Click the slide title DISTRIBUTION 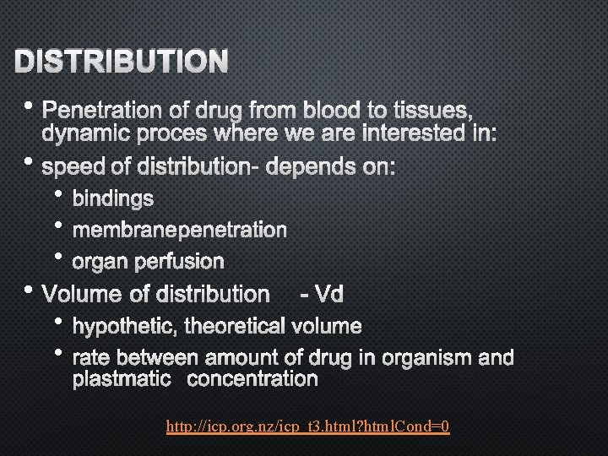pos(122,61)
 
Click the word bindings pos(113,198)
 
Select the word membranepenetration pos(179,230)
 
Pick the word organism pos(427,357)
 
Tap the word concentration pos(252,379)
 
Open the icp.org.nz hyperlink pos(308,427)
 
